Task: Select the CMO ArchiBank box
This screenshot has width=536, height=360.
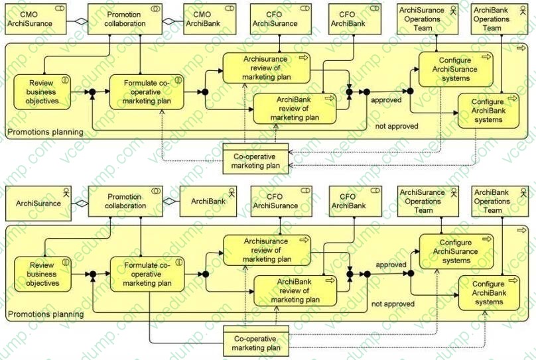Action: [x=202, y=19]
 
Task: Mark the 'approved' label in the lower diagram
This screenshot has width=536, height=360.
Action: [x=391, y=265]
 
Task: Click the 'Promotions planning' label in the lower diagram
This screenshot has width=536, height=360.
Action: [x=46, y=314]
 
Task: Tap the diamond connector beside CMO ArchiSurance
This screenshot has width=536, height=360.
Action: [x=80, y=21]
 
